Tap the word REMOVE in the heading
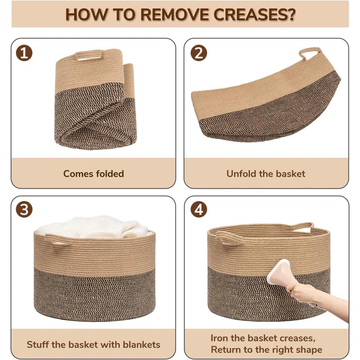click(175, 14)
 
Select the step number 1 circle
click(24, 53)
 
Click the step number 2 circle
click(199, 53)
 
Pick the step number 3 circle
click(24, 210)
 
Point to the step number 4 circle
click(199, 210)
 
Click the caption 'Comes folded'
click(94, 174)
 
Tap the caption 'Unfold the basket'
click(266, 174)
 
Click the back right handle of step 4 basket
click(302, 227)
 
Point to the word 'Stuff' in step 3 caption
click(37, 345)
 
